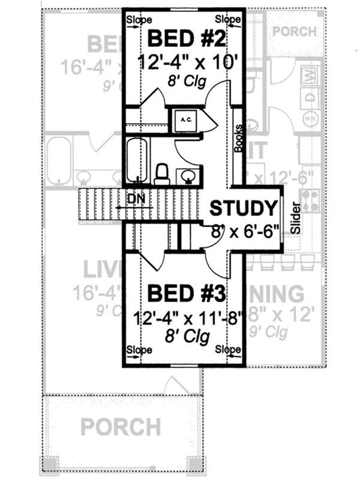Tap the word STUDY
(244, 208)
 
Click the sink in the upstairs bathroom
(188, 176)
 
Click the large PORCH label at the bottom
(121, 427)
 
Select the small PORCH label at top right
(294, 31)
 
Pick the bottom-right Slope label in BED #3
(227, 349)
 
